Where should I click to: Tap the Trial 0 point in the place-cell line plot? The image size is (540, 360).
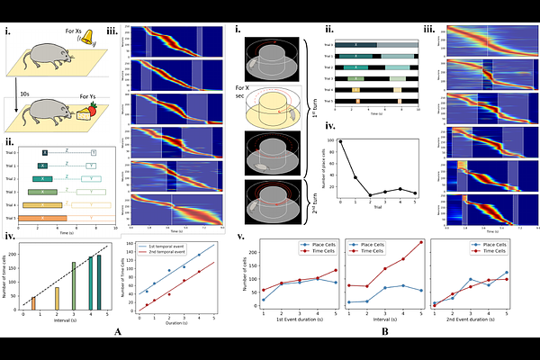(x=340, y=141)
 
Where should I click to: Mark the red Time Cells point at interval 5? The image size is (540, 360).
(x=420, y=242)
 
